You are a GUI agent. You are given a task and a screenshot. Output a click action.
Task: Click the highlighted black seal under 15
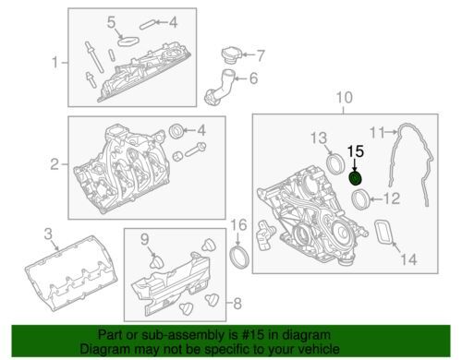(356, 179)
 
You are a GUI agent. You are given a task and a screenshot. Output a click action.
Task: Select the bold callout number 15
(356, 151)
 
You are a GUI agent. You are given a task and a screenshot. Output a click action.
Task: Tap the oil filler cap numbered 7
(231, 55)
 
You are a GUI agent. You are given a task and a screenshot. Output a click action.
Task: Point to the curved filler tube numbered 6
(219, 87)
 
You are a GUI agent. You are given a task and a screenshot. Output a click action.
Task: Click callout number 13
(319, 138)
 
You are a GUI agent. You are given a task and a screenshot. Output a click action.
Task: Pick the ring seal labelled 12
(360, 200)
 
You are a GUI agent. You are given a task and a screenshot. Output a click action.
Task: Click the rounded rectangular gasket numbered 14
(384, 232)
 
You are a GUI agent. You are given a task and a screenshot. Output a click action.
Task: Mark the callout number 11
(377, 133)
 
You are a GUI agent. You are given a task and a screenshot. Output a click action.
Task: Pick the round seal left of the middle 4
(177, 131)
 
